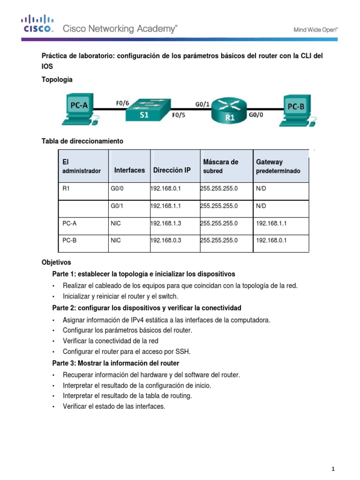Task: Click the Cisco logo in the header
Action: [37, 24]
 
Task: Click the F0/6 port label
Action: [123, 103]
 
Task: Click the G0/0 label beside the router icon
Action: [255, 114]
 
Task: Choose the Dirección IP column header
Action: [172, 170]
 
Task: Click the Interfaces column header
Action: [129, 170]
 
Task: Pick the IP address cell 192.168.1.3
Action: [165, 224]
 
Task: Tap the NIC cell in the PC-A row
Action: [116, 224]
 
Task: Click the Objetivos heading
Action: [56, 262]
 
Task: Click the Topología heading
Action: [57, 80]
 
